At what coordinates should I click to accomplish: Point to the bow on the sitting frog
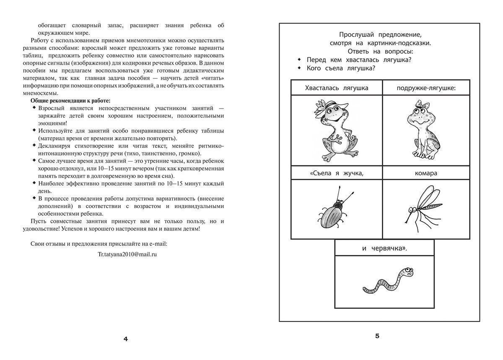pyautogui.click(x=419, y=104)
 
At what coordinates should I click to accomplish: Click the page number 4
pyautogui.click(x=125, y=339)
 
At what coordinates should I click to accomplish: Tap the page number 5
pyautogui.click(x=377, y=336)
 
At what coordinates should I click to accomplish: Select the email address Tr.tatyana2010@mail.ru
pyautogui.click(x=127, y=254)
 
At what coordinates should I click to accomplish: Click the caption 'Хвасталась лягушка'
pyautogui.click(x=337, y=88)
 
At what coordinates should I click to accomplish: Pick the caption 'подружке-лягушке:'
pyautogui.click(x=426, y=88)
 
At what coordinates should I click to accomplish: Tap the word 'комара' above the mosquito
pyautogui.click(x=426, y=173)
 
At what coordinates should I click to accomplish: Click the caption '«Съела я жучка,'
pyautogui.click(x=337, y=173)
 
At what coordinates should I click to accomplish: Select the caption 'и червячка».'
pyautogui.click(x=384, y=248)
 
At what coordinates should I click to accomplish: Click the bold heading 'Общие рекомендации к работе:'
pyautogui.click(x=70, y=101)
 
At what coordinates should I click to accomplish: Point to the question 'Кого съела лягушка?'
pyautogui.click(x=340, y=68)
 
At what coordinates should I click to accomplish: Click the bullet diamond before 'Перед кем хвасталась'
pyautogui.click(x=299, y=60)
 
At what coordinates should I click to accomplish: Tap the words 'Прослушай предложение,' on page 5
pyautogui.click(x=380, y=34)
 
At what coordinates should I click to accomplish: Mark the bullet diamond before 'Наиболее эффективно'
pyautogui.click(x=34, y=183)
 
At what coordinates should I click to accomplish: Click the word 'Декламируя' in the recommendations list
pyautogui.click(x=55, y=146)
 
